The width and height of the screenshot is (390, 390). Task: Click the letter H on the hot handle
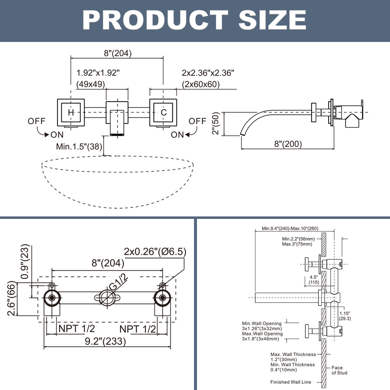pyautogui.click(x=71, y=113)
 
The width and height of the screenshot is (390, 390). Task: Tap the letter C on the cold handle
pyautogui.click(x=164, y=113)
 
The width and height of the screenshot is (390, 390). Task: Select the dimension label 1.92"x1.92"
pyautogui.click(x=98, y=73)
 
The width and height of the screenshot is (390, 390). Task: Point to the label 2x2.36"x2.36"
pyautogui.click(x=208, y=73)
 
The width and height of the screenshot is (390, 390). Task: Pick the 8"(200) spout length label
pyautogui.click(x=288, y=144)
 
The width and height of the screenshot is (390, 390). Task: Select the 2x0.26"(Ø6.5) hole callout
pyautogui.click(x=155, y=251)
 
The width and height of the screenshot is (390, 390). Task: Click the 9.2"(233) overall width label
pyautogui.click(x=105, y=341)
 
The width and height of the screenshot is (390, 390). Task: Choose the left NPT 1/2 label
pyautogui.click(x=77, y=329)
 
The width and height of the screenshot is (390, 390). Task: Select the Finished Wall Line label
pyautogui.click(x=290, y=382)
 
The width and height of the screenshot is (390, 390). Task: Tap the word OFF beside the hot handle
pyautogui.click(x=37, y=121)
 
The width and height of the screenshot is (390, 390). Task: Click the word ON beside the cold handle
pyautogui.click(x=177, y=135)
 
